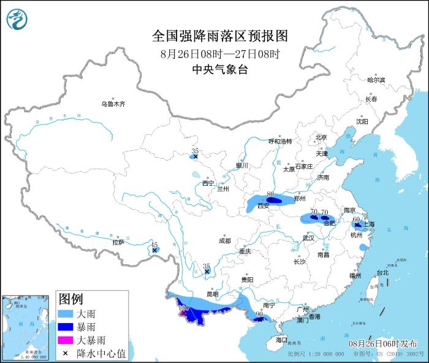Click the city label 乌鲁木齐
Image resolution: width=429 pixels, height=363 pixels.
pos(113,104)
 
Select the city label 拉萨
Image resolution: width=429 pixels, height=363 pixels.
pos(118,242)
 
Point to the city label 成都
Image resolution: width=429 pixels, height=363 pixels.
pos(224,241)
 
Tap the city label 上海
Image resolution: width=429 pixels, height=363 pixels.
pos(369,224)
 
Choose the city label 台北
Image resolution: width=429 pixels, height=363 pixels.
pos(382,273)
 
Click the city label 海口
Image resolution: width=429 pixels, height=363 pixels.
pos(281,340)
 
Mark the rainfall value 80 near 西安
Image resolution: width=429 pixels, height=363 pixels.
pos(270,193)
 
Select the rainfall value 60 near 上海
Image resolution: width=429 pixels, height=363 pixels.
pos(355,218)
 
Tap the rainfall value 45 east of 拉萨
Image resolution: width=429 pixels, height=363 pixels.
pos(154,244)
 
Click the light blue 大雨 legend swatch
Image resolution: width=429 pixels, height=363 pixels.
pos(65,313)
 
